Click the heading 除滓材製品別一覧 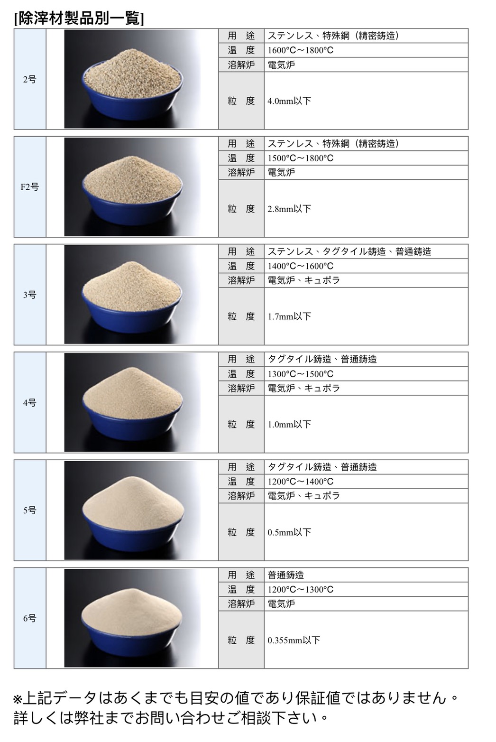coord(79,19)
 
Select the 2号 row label coord(29,80)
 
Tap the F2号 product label coord(29,187)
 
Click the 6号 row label coord(29,618)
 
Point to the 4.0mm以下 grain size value coord(289,101)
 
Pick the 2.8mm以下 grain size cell coord(289,209)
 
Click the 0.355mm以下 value coord(294,640)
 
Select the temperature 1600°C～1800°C coord(300,50)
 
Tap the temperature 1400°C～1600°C coord(300,266)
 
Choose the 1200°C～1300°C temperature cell coord(300,589)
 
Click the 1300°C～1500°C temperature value coord(300,374)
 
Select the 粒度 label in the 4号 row coord(241,424)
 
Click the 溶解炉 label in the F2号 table coord(241,173)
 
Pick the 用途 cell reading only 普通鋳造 coord(286,575)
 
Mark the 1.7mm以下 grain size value coord(289,316)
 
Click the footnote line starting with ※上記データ coord(236,697)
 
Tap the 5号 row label coord(29,510)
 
